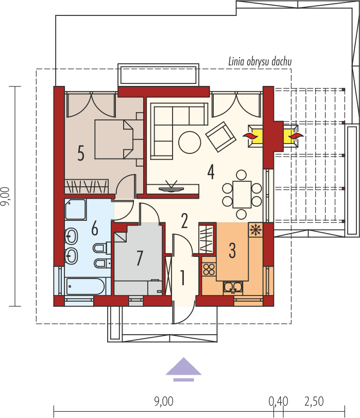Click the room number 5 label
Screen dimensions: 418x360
[x=80, y=153]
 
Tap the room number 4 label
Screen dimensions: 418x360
[x=211, y=171]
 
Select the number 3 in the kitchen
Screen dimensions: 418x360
[x=232, y=251]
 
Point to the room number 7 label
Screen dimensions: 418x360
[x=139, y=258]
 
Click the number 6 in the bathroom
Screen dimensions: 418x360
[x=94, y=227]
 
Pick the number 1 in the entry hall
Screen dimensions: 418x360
[x=182, y=277]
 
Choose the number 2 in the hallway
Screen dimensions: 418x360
[x=184, y=220]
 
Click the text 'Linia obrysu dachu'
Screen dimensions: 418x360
[x=260, y=62]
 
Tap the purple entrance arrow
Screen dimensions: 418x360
[x=183, y=368]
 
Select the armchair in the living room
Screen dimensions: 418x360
[x=221, y=137]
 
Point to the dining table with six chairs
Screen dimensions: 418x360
[x=242, y=194]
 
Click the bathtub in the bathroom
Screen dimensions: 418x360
[x=85, y=286]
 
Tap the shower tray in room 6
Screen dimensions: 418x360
[x=76, y=210]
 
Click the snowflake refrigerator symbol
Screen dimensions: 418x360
[x=255, y=230]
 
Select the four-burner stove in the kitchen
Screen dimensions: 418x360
[x=209, y=269]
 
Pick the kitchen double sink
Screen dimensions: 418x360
[x=233, y=287]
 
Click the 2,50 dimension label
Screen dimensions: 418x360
[x=314, y=401]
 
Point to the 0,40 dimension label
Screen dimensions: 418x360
[x=278, y=401]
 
